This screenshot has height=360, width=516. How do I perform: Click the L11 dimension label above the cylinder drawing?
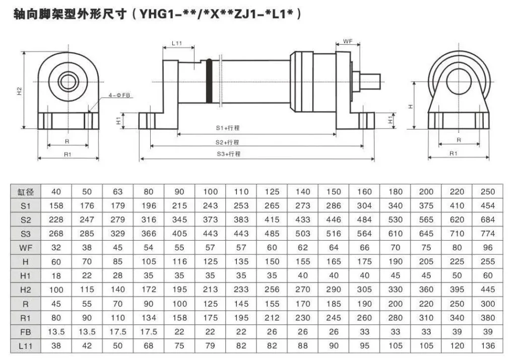point(177,43)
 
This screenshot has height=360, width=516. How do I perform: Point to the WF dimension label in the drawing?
point(348,41)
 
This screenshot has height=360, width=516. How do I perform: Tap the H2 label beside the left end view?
point(19,92)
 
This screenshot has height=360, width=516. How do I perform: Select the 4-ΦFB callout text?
point(120,95)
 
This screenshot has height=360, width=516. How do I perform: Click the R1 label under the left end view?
point(67,154)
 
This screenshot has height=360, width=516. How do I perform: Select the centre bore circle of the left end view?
point(67,81)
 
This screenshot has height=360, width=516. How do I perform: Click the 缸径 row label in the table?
point(26,191)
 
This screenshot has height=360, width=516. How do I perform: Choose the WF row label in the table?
point(26,248)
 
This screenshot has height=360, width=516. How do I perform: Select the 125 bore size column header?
point(272,191)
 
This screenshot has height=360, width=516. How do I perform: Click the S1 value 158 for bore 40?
point(56,205)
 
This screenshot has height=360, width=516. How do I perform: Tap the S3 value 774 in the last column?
point(487,234)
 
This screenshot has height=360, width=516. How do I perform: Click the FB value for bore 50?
point(87,332)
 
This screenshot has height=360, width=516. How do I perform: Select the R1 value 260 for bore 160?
point(364,318)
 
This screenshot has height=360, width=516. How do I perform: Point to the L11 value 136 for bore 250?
point(487,346)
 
